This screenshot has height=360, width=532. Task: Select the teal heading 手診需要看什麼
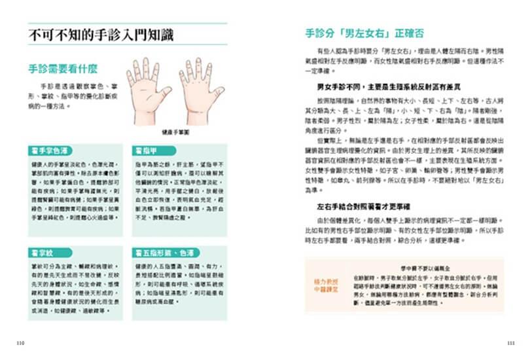[x=63, y=68]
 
